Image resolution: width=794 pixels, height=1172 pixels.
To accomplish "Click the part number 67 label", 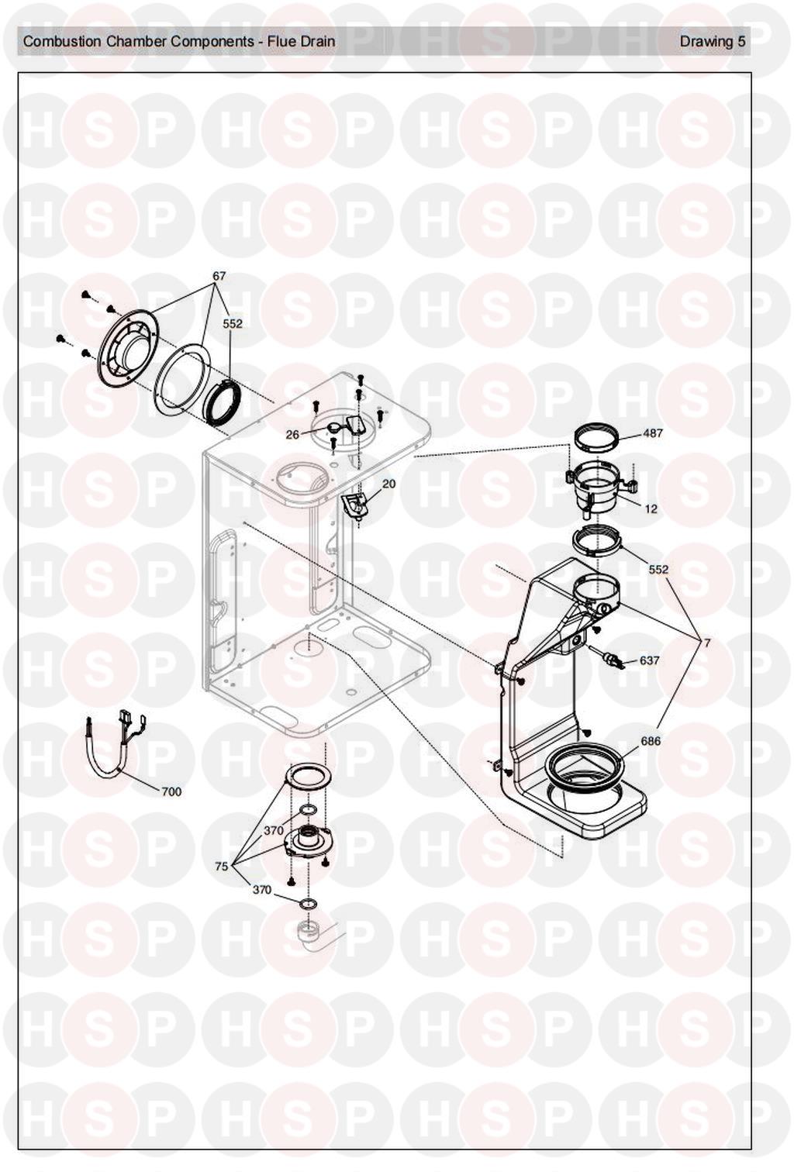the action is [219, 276].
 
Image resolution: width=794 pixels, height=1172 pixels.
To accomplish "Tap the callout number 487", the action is [651, 433].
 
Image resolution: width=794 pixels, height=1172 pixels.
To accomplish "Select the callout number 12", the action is [651, 508].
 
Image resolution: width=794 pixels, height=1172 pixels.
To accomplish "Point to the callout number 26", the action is [292, 434].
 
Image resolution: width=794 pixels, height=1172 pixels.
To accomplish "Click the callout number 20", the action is [388, 484].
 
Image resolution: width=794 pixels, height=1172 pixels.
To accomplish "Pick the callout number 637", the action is [649, 660].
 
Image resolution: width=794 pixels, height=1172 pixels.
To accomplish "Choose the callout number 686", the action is [651, 741].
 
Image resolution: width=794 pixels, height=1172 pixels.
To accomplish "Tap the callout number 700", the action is [171, 792].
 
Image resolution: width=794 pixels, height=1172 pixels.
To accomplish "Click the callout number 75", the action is [222, 867].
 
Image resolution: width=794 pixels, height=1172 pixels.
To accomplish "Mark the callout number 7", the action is [707, 643].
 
